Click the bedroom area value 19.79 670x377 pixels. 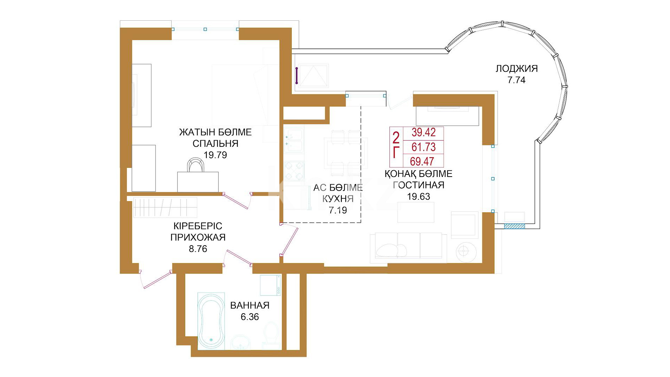tap(215, 155)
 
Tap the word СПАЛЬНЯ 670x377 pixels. tap(215, 144)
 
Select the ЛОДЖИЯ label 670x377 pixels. tap(517, 69)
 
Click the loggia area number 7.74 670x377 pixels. tap(517, 80)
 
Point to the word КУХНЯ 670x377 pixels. tap(338, 199)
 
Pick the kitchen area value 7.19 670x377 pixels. tap(338, 210)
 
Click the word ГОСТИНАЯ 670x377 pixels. tap(419, 185)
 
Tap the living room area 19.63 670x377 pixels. tap(419, 197)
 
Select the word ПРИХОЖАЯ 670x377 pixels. tap(198, 238)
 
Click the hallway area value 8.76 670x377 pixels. tap(198, 249)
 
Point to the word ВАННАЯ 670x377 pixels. tap(250, 306)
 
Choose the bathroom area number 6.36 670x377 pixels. tap(250, 317)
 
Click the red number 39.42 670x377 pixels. tap(423, 132)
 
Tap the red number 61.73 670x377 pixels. tap(423, 147)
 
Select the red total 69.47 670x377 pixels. tap(422, 161)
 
